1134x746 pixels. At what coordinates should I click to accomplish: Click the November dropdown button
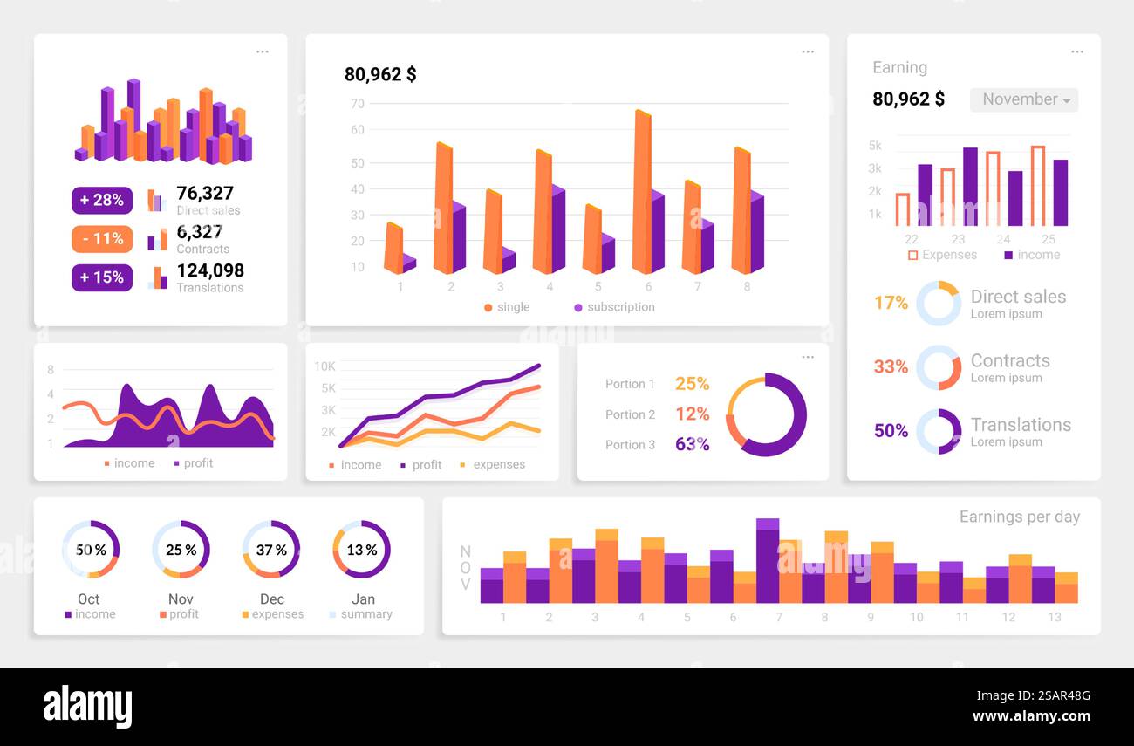(x=1024, y=99)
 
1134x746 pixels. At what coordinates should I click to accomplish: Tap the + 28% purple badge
(x=102, y=200)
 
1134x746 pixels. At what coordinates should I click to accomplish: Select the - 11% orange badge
(x=102, y=239)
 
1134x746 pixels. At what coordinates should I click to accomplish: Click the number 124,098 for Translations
(x=210, y=270)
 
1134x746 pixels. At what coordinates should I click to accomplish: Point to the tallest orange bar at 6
(x=642, y=192)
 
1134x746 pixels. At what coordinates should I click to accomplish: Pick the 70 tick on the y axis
(x=357, y=104)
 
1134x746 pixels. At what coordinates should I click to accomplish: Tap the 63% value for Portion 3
(x=692, y=444)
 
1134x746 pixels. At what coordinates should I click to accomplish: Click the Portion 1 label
(x=630, y=384)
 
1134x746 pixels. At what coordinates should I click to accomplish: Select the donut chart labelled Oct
(x=90, y=550)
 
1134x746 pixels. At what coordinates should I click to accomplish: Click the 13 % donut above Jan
(x=361, y=550)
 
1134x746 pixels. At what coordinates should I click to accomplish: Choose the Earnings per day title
(x=1019, y=517)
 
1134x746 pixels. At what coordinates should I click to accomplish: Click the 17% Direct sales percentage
(x=891, y=303)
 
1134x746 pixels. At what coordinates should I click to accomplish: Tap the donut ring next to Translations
(x=939, y=431)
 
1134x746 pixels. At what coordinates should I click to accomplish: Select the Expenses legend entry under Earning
(x=942, y=255)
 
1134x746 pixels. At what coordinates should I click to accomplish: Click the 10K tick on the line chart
(x=325, y=366)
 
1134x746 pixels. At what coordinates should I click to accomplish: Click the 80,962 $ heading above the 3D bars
(x=380, y=75)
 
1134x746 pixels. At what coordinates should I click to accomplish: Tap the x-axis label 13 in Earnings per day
(x=1054, y=617)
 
